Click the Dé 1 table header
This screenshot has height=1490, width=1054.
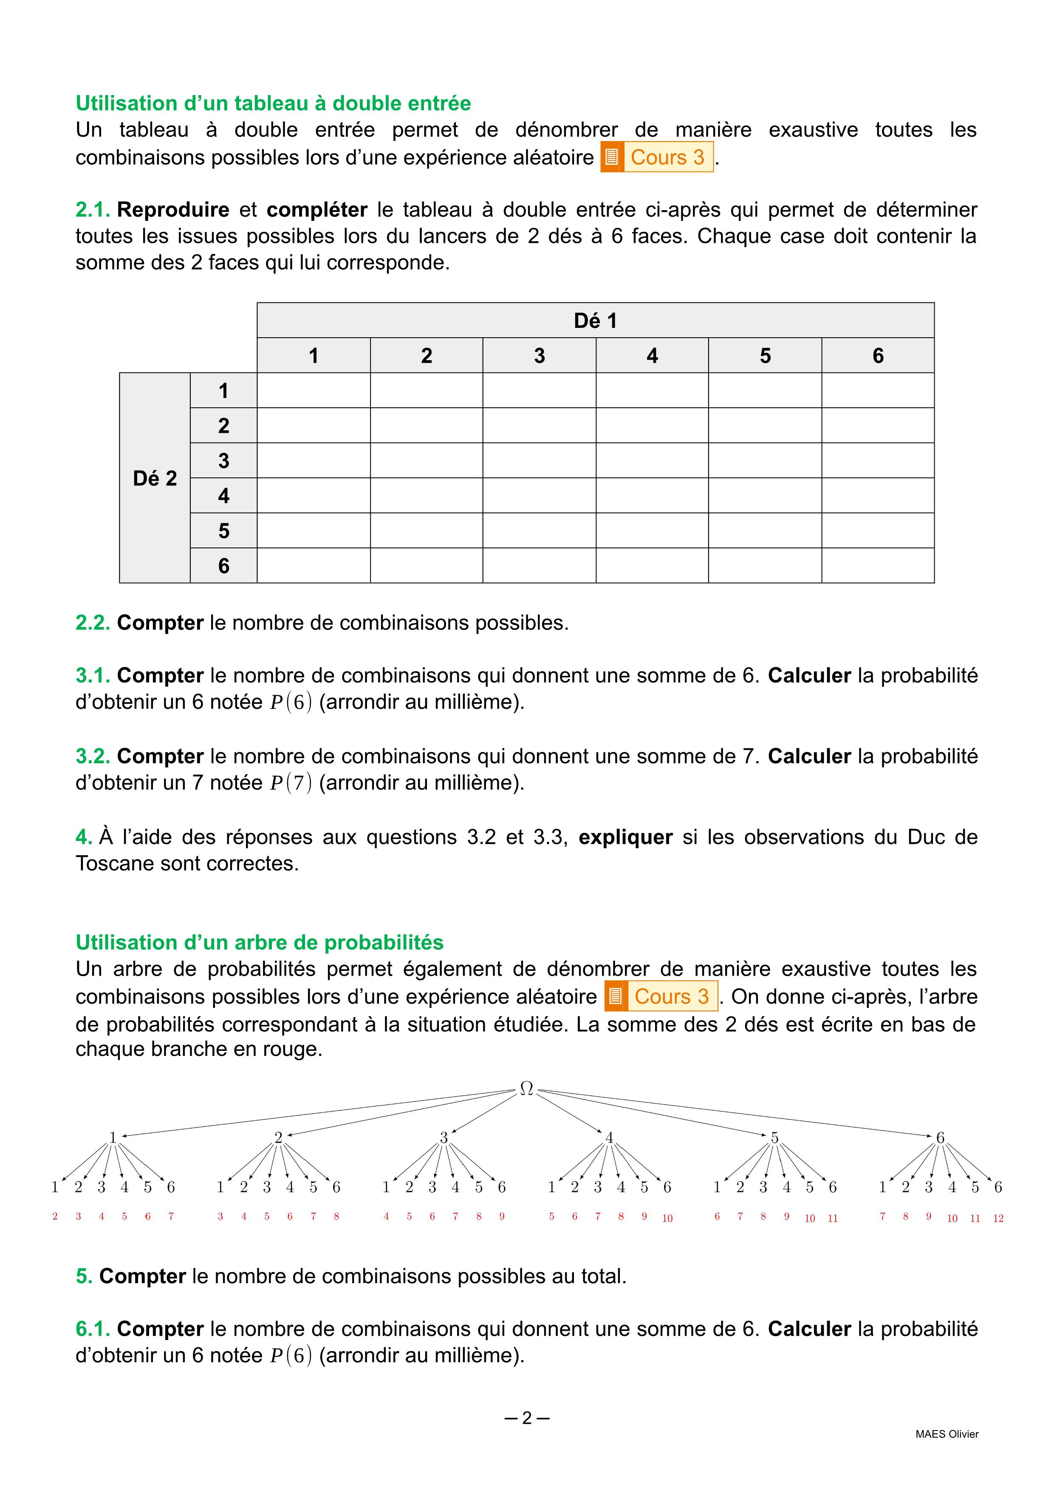(x=595, y=321)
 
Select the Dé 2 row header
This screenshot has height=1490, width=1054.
(x=155, y=478)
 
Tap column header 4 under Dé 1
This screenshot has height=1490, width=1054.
(x=652, y=356)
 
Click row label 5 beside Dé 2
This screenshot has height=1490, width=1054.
(x=223, y=531)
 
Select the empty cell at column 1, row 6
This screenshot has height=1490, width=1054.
(x=314, y=566)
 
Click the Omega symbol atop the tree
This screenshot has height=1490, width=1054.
(x=526, y=1088)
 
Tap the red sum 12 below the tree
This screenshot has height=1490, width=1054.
(x=998, y=1218)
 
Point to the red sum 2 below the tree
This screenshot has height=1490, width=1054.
(x=55, y=1217)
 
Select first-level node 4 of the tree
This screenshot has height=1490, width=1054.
(x=609, y=1137)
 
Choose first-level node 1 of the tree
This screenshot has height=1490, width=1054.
(x=113, y=1137)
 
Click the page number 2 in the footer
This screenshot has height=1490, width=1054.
(x=526, y=1418)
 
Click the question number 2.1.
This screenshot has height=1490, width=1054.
(x=93, y=210)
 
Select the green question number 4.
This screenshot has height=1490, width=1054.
(x=83, y=837)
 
